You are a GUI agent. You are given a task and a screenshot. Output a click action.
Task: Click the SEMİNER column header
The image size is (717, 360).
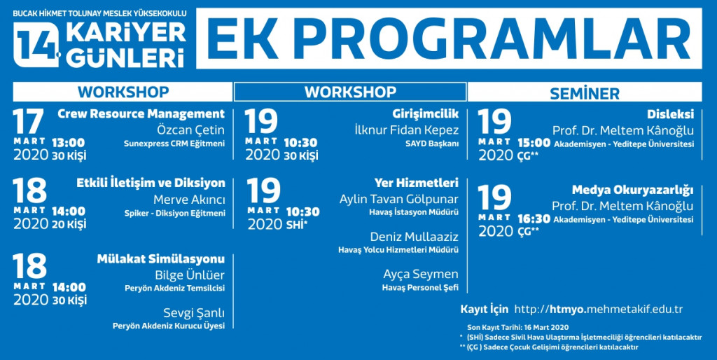coord(585,93)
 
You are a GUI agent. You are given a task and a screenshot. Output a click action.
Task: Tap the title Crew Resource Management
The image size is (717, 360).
coord(141,114)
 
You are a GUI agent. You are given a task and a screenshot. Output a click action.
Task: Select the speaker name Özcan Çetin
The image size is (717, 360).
coord(190,130)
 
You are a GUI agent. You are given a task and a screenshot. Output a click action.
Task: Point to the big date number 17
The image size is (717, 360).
coord(28,121)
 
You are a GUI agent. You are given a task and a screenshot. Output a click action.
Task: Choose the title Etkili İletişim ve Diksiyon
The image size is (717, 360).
coord(151,184)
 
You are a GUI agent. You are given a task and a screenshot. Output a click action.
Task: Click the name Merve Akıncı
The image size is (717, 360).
coord(189,200)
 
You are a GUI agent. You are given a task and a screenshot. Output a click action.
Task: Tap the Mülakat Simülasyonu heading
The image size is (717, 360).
coord(161,259)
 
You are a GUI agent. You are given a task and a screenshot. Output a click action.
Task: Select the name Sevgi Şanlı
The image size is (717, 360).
coord(195,314)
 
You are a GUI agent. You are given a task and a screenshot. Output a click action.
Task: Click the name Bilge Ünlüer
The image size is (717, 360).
coord(190,275)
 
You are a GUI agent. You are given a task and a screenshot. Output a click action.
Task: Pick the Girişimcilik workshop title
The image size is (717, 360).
coord(425,114)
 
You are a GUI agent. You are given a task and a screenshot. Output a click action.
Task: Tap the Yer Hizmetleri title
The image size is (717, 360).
coord(416,184)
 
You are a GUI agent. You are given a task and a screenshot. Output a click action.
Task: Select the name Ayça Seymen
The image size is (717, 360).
coord(421,275)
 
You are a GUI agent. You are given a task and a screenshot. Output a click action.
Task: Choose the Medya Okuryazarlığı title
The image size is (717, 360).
coord(633,190)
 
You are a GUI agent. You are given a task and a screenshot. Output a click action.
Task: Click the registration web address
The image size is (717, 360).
coord(598,310)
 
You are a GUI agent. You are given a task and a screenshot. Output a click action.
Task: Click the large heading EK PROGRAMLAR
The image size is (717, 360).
coord(449,39)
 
